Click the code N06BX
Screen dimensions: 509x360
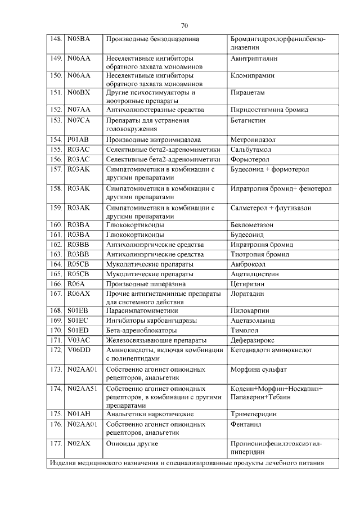pyautogui.click(x=79, y=92)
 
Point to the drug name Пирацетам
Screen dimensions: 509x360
pyautogui.click(x=247, y=92)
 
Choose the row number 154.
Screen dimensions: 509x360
pyautogui.click(x=55, y=139)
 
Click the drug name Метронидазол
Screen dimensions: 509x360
pyautogui.click(x=255, y=139)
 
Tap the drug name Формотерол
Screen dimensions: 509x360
pyautogui.click(x=250, y=159)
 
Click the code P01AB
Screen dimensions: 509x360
pyautogui.click(x=78, y=139)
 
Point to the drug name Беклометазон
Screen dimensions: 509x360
pyautogui.click(x=253, y=224)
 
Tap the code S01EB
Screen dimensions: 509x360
pyautogui.click(x=78, y=310)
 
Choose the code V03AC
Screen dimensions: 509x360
pyautogui.click(x=78, y=340)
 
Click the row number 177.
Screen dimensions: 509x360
pyautogui.click(x=55, y=444)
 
